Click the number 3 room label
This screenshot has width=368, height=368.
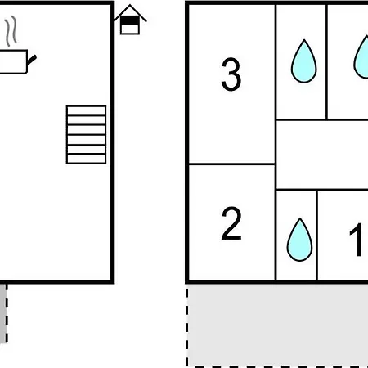click(231, 74)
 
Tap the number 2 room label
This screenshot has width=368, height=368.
click(231, 223)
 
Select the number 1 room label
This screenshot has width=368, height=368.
click(356, 240)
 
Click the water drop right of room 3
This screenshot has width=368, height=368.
click(304, 61)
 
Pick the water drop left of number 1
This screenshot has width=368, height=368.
click(299, 240)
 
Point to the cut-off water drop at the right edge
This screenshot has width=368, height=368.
click(361, 58)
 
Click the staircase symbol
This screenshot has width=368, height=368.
click(86, 135)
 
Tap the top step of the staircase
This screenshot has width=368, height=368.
click(86, 110)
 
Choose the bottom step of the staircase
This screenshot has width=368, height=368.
click(86, 159)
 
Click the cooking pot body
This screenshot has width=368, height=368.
click(13, 61)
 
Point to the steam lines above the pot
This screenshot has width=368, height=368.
click(11, 31)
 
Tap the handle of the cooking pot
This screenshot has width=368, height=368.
click(32, 60)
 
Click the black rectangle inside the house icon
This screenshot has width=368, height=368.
click(130, 20)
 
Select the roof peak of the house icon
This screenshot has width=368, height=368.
click(130, 5)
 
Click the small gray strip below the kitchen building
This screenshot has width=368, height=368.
click(3, 313)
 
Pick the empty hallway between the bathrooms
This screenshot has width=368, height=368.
click(322, 155)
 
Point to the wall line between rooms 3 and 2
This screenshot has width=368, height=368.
click(231, 164)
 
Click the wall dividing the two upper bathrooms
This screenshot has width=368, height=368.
click(326, 62)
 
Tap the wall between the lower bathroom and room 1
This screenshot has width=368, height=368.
click(317, 235)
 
